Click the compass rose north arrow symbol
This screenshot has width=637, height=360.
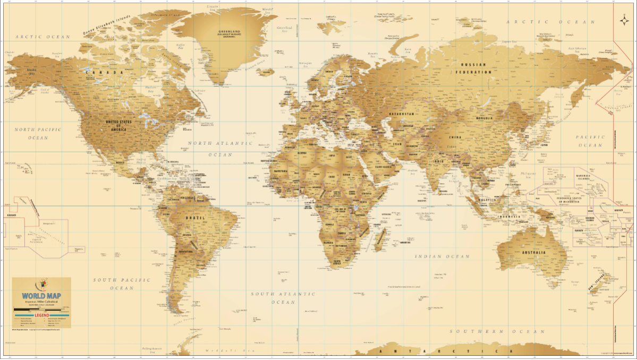click(x=623, y=21)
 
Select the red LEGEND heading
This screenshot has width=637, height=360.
click(x=41, y=315)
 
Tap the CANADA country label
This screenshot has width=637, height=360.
click(x=105, y=72)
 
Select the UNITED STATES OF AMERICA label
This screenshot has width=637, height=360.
click(x=118, y=126)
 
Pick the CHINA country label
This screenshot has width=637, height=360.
click(x=455, y=138)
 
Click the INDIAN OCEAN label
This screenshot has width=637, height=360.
click(x=443, y=256)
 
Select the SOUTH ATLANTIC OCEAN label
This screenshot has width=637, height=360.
click(x=283, y=298)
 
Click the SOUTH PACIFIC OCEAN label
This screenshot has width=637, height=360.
click(x=122, y=284)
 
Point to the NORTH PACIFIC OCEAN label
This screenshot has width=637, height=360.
click(x=38, y=133)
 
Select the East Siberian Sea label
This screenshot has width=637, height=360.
click(x=577, y=48)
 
